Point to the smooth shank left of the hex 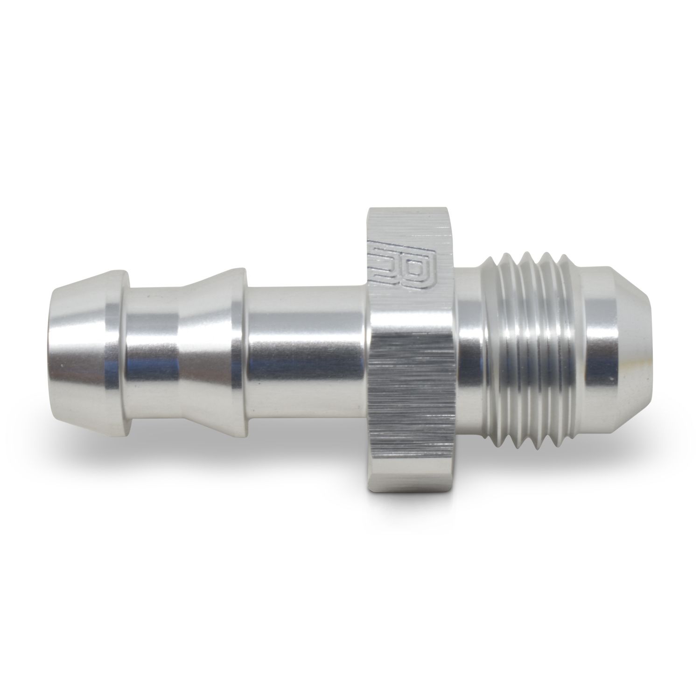(x=303, y=345)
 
